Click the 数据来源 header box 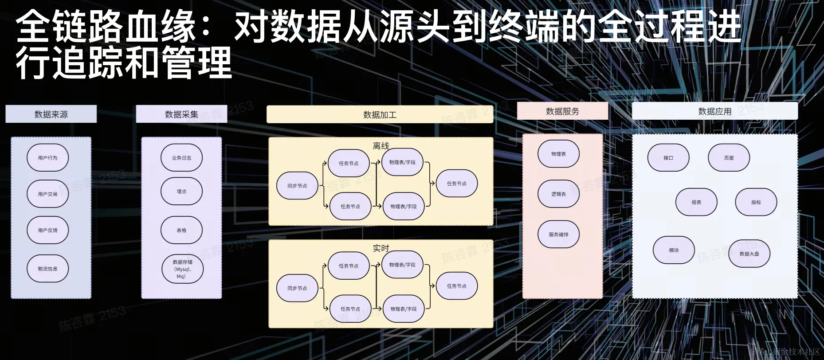[x=51, y=114]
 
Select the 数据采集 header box [x=181, y=114]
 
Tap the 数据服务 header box [x=562, y=111]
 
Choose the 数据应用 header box [x=714, y=111]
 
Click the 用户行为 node [x=47, y=158]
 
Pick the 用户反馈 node [x=47, y=231]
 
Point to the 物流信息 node [x=47, y=269]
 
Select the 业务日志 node [x=181, y=158]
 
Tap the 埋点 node [x=181, y=192]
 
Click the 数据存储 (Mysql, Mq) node [x=182, y=269]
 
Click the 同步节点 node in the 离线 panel [x=297, y=186]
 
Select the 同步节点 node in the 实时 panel [x=297, y=288]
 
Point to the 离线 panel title [x=381, y=146]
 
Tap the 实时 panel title [x=381, y=248]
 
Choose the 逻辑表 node [x=558, y=194]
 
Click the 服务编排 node [x=558, y=235]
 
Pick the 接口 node [x=668, y=158]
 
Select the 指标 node [x=756, y=202]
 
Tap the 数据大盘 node [x=749, y=254]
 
